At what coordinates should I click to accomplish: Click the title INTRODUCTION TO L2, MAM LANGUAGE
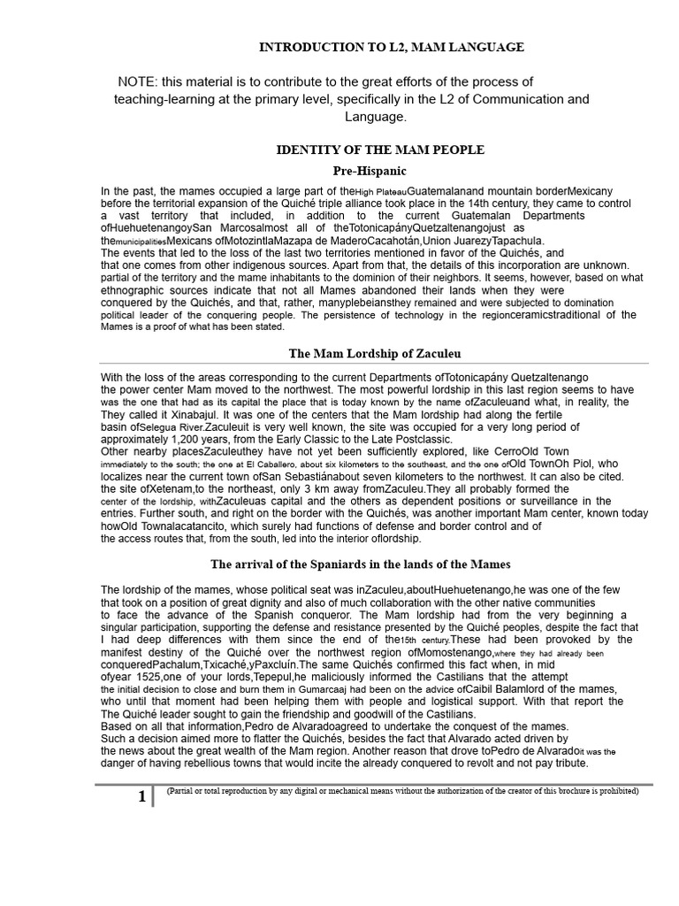pyautogui.click(x=391, y=47)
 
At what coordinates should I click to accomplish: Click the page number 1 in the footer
pyautogui.click(x=142, y=796)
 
